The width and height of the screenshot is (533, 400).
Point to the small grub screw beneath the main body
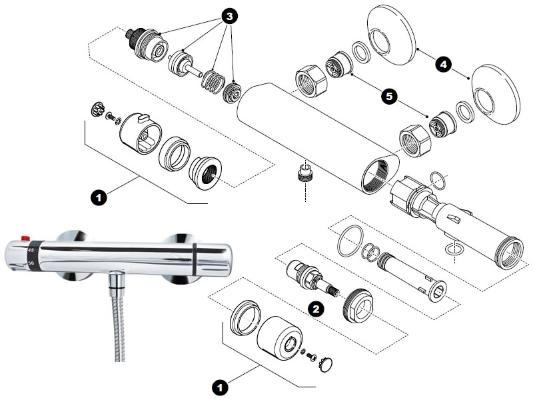pos(304,175)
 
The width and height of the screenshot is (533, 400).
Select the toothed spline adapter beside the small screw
pos(95,110)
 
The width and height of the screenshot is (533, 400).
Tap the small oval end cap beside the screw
pos(325,364)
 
